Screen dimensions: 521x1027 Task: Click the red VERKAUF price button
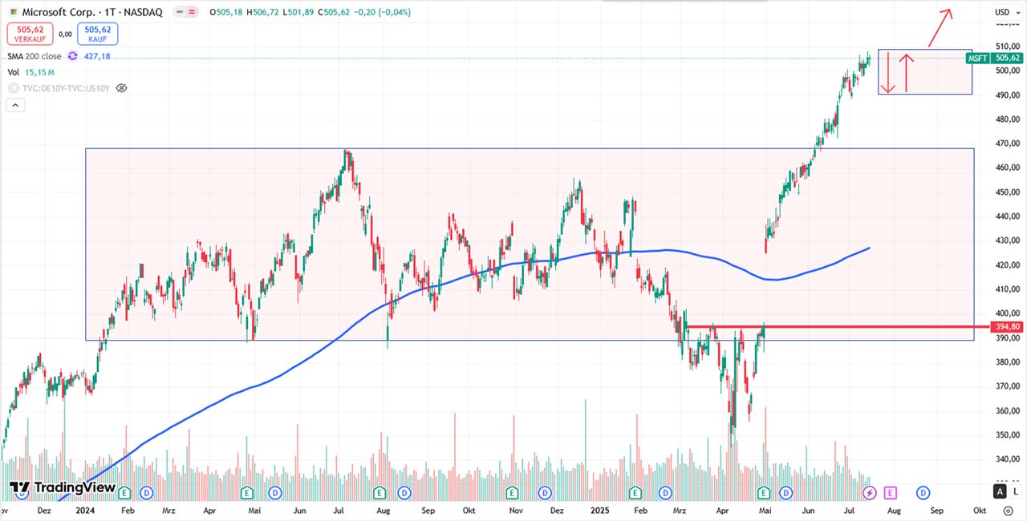click(30, 34)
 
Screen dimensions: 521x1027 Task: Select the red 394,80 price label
click(1007, 327)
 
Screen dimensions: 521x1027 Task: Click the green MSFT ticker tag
click(977, 59)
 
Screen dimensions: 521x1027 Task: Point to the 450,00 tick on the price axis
click(1006, 192)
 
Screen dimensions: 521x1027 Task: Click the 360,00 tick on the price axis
click(1006, 411)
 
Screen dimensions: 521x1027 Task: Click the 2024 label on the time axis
click(84, 510)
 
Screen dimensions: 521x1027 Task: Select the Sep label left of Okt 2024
click(428, 510)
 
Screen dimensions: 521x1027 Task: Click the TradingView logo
click(63, 487)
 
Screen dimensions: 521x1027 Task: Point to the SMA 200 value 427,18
click(97, 56)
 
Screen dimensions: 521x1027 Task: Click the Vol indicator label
click(13, 72)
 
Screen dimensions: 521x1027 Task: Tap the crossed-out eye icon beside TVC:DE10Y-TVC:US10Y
click(121, 88)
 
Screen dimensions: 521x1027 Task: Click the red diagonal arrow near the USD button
click(940, 27)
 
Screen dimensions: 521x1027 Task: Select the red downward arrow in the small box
click(888, 72)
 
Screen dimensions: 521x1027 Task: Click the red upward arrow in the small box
click(907, 72)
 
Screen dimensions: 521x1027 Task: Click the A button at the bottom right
click(1000, 491)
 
